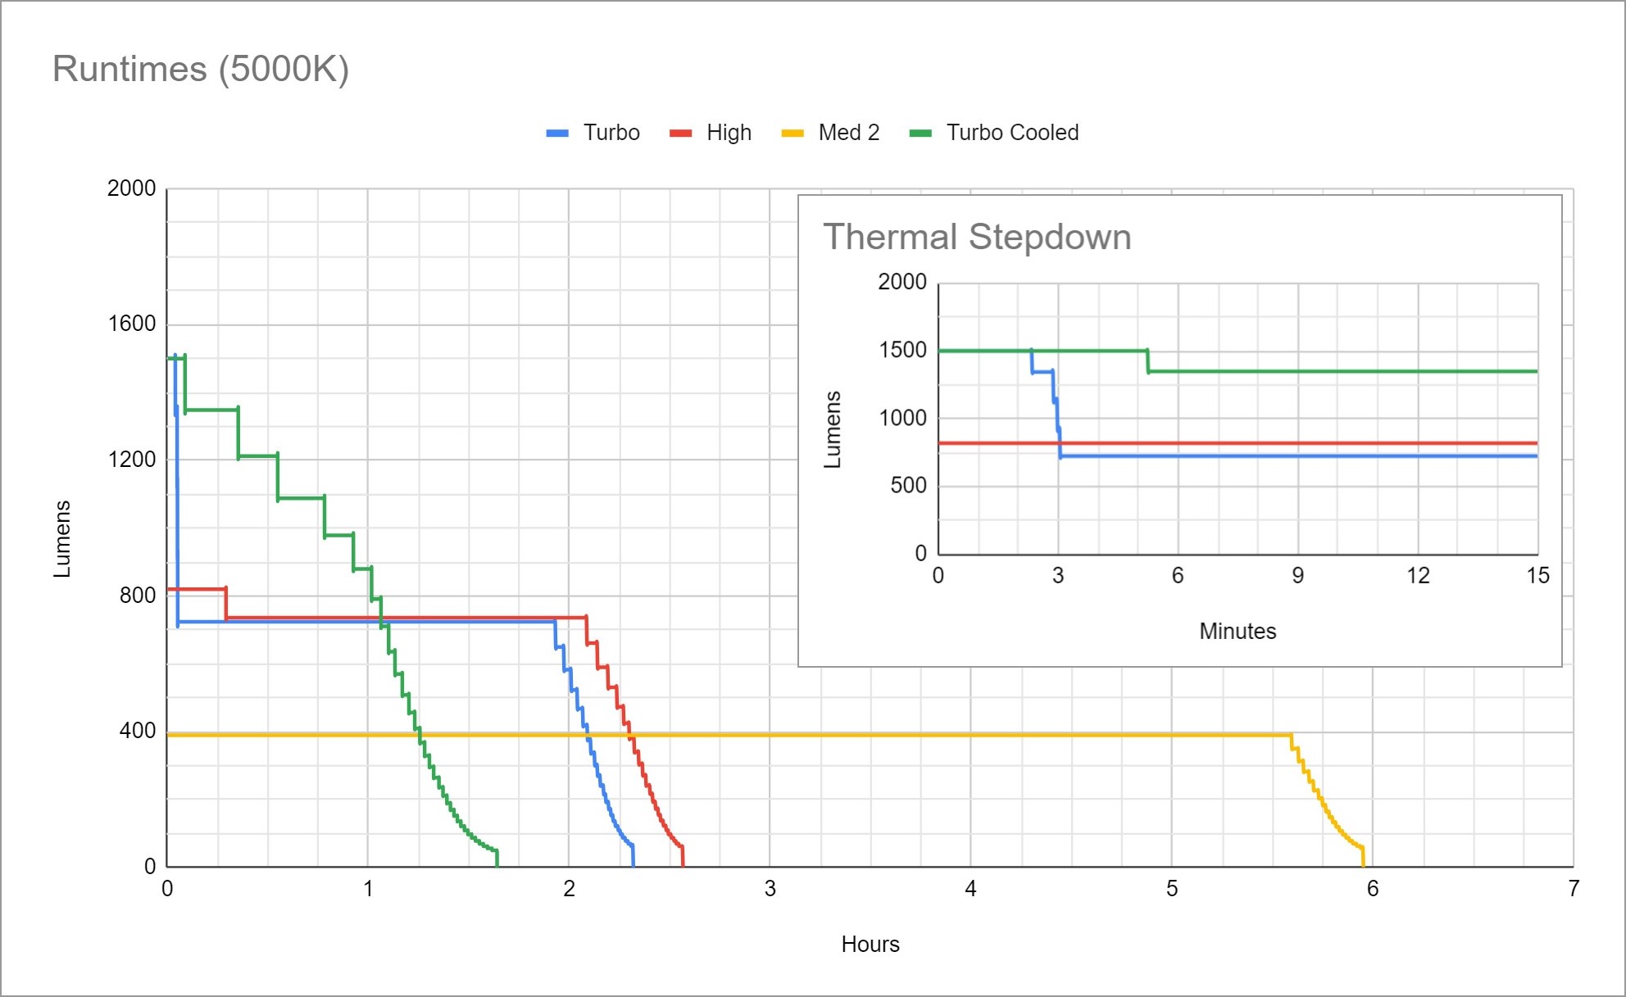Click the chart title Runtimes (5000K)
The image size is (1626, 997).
(201, 69)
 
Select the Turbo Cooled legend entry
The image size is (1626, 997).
(1012, 133)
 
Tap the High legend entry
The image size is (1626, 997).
(729, 133)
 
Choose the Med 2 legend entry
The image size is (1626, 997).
(848, 133)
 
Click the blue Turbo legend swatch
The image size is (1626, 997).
(557, 134)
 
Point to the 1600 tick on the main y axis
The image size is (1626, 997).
(132, 324)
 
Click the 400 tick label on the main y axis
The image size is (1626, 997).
(137, 731)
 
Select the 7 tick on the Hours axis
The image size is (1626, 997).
(1573, 889)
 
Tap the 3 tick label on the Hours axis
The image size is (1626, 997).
(770, 889)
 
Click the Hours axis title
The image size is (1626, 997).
(870, 945)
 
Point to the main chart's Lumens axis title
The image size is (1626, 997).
(62, 538)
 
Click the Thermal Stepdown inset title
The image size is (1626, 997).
(976, 237)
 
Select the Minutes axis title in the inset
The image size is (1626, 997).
(1238, 632)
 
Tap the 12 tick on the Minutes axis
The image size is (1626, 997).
(1418, 576)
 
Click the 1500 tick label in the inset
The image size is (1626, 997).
(902, 350)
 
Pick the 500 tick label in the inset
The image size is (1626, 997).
(908, 486)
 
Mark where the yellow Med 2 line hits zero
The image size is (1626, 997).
(1364, 864)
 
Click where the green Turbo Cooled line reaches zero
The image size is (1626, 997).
(497, 864)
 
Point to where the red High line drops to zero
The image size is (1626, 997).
(683, 864)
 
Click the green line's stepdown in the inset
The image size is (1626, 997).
(1147, 361)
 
